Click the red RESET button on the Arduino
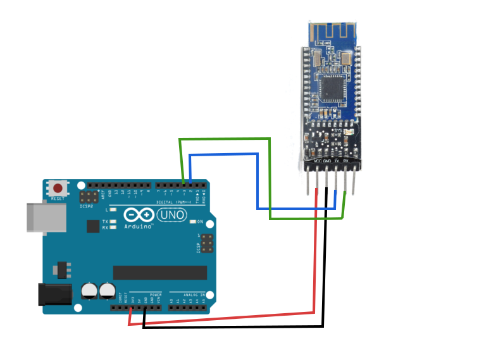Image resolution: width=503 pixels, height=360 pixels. pyautogui.click(x=59, y=189)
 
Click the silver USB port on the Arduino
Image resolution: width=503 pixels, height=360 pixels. pyautogui.click(x=46, y=217)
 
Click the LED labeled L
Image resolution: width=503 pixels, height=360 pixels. pyautogui.click(x=113, y=209)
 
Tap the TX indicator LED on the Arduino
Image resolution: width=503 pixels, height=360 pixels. pyautogui.click(x=113, y=221)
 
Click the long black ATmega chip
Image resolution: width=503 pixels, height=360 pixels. pyautogui.click(x=160, y=272)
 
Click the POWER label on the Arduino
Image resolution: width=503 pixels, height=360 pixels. pyautogui.click(x=155, y=295)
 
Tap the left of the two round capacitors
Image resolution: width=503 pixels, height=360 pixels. pyautogui.click(x=90, y=290)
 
